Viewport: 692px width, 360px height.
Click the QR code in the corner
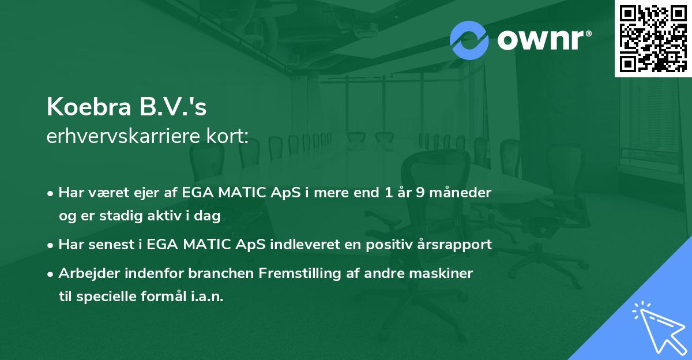point(653,39)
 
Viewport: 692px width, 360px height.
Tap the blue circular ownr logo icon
point(469,40)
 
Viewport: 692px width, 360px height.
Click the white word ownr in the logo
point(540,40)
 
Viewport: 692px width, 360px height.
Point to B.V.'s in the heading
point(173,107)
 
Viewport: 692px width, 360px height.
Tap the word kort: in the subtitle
point(228,136)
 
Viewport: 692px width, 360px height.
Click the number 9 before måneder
point(420,193)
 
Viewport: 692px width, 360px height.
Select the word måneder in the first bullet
point(460,193)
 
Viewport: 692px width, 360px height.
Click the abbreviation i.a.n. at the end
point(207,297)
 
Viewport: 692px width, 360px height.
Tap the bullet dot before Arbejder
point(50,274)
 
